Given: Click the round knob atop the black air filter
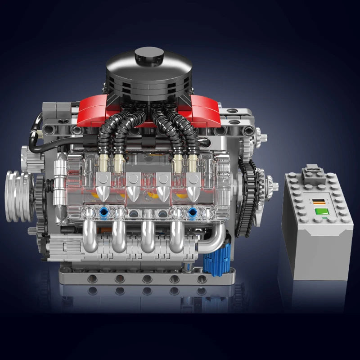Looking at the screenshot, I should click(149, 56).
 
